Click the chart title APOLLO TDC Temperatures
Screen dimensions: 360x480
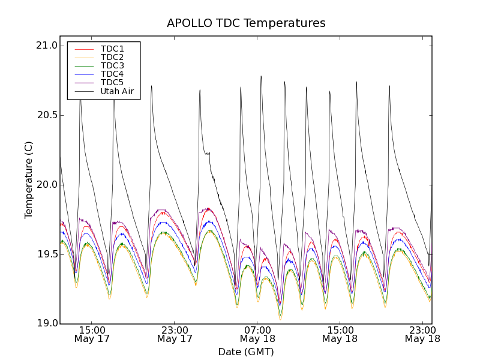pyautogui.click(x=246, y=23)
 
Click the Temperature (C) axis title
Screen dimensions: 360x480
pyautogui.click(x=29, y=180)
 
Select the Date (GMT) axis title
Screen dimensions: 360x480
pyautogui.click(x=246, y=352)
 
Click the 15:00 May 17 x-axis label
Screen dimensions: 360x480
pyautogui.click(x=92, y=334)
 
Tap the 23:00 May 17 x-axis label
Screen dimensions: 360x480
pyautogui.click(x=175, y=334)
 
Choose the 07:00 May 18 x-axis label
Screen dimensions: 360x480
pyautogui.click(x=257, y=334)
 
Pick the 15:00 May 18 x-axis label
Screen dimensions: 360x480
pyautogui.click(x=340, y=334)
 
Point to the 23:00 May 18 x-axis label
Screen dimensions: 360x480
pyautogui.click(x=422, y=334)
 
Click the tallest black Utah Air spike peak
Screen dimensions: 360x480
pyautogui.click(x=261, y=76)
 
